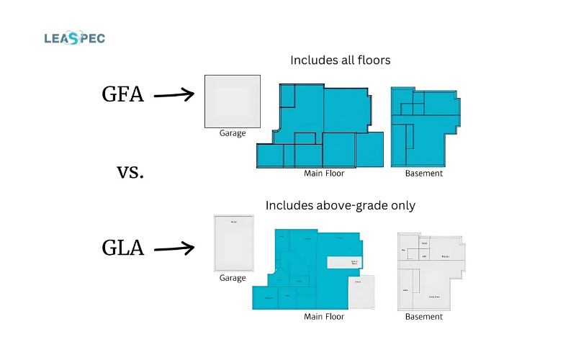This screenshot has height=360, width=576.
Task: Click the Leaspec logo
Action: pos(74,38)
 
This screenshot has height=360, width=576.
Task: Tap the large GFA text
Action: pos(122,94)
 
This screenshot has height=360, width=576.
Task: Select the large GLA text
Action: pos(122,249)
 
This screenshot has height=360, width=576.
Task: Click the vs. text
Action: pos(130,172)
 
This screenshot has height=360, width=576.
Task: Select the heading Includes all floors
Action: pos(341,60)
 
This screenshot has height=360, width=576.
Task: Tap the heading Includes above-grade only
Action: pos(341,205)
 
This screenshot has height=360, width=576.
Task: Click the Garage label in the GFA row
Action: pos(233,133)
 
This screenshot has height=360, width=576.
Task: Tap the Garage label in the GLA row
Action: pos(233,278)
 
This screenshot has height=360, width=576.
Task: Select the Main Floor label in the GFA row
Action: pos(324,173)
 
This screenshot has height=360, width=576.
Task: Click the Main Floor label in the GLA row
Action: pos(324,317)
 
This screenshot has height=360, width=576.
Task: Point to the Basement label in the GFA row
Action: pos(424,173)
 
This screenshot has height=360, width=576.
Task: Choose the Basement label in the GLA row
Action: pos(424,317)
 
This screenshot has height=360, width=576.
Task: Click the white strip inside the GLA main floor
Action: pos(343,263)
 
